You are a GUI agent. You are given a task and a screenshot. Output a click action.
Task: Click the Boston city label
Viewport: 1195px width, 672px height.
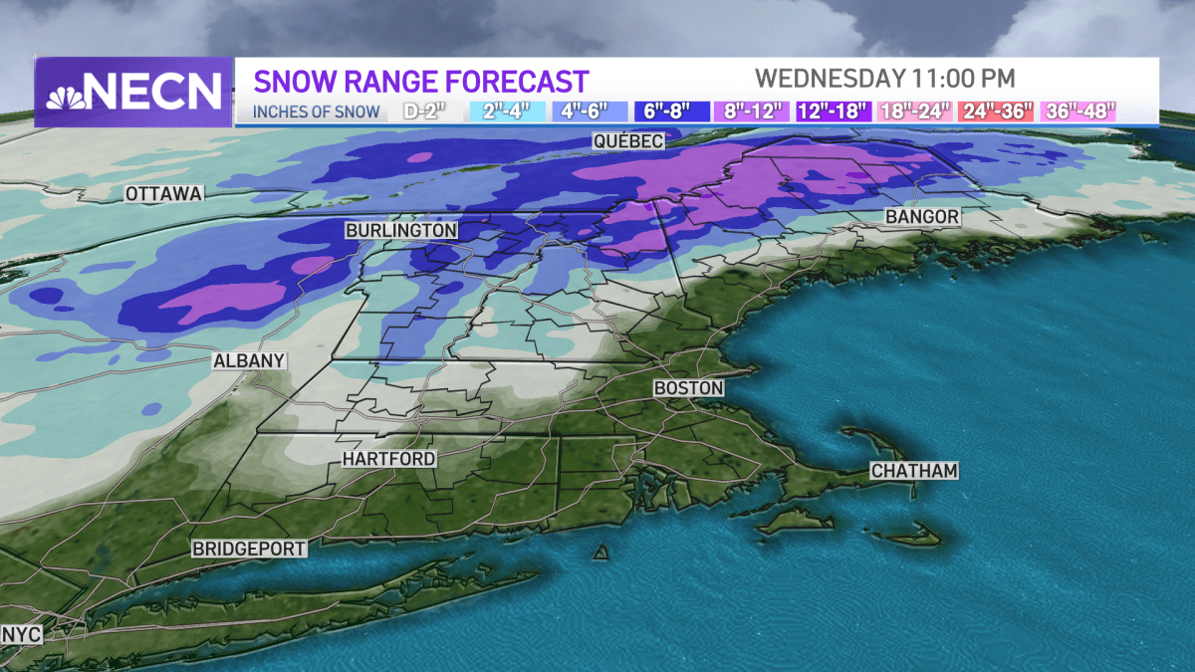click(x=688, y=387)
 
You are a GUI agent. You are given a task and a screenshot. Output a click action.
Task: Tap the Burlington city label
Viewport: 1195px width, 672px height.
click(x=400, y=230)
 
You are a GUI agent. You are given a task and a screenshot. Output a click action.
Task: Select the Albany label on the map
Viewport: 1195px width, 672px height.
click(x=249, y=361)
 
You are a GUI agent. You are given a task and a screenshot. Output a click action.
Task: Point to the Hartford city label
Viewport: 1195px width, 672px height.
click(x=388, y=459)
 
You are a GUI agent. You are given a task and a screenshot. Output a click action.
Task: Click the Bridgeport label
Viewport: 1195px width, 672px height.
click(x=249, y=549)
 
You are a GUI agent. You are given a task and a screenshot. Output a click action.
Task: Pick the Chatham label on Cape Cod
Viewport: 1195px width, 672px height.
click(x=913, y=470)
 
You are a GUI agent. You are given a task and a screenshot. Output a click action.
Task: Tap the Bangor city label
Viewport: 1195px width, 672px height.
click(x=922, y=216)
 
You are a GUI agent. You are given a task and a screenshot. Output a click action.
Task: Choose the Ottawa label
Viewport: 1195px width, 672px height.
click(x=164, y=194)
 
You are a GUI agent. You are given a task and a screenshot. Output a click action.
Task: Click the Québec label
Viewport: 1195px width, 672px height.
click(x=627, y=142)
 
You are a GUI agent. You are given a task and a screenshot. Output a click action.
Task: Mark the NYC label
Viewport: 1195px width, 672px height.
click(x=22, y=633)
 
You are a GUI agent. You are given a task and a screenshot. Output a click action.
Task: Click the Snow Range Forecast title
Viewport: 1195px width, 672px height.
click(x=421, y=81)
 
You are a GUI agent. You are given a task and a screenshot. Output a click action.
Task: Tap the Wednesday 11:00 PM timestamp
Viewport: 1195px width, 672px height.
click(x=884, y=78)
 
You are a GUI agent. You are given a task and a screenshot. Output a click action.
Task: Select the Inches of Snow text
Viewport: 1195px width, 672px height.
click(x=316, y=112)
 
